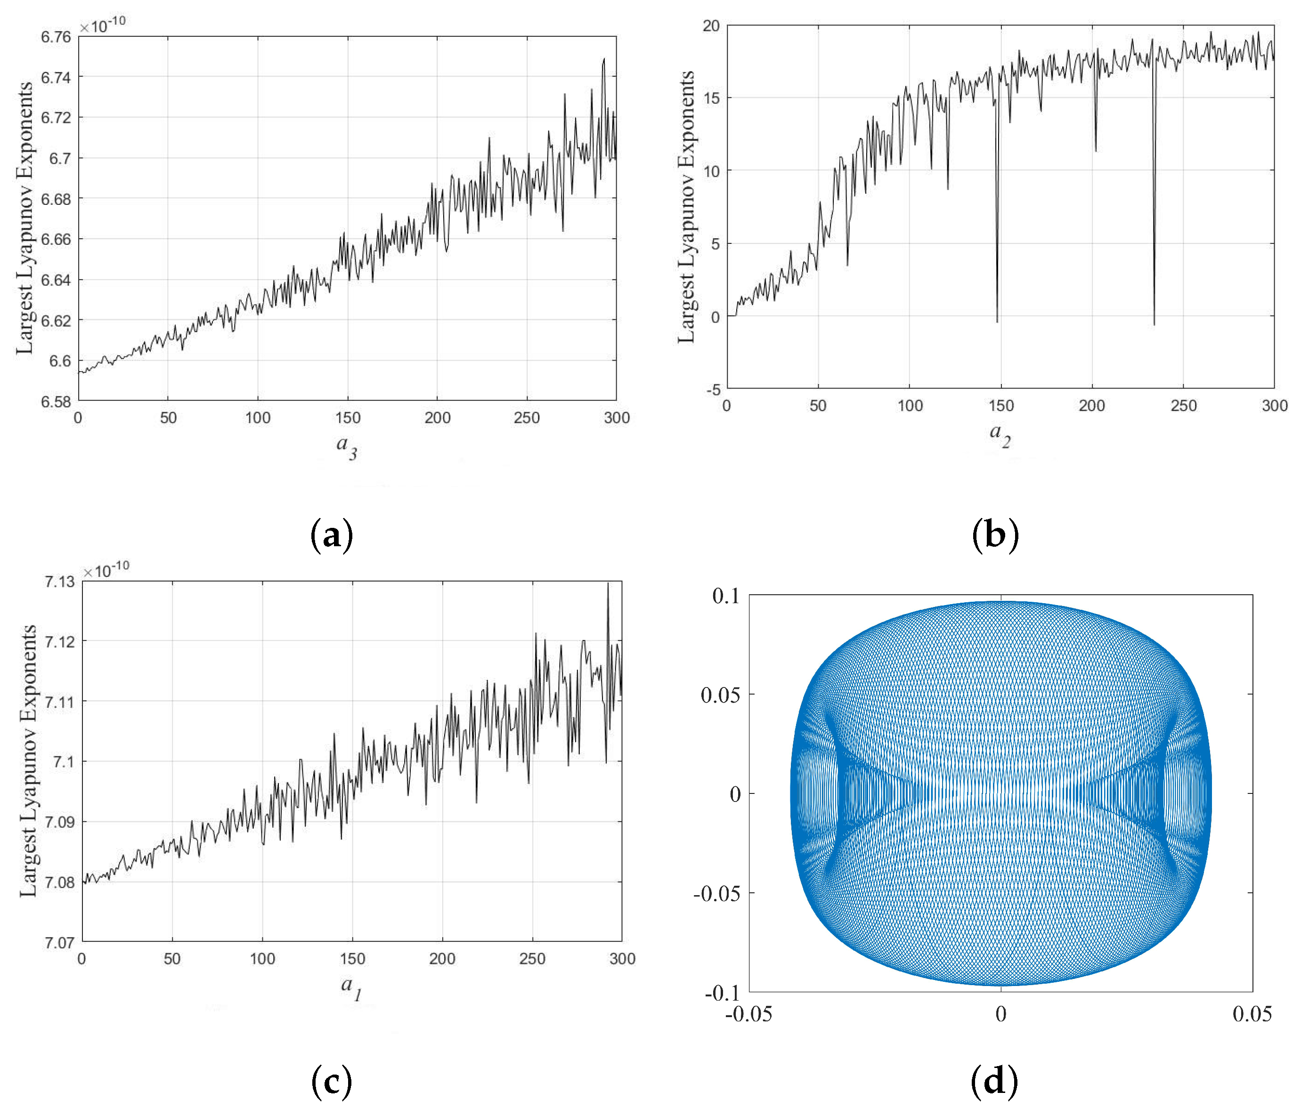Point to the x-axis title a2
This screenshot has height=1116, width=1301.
(x=1000, y=434)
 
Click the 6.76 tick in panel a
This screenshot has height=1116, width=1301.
(x=56, y=37)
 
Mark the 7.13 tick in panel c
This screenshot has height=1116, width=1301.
(x=60, y=582)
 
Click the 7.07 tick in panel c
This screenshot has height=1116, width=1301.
(x=60, y=942)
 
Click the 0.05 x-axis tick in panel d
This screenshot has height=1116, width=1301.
(x=1252, y=1014)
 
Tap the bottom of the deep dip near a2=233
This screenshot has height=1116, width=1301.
(x=1154, y=324)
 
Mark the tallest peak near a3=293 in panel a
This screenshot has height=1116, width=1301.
(x=604, y=58)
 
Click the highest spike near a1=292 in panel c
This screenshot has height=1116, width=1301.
(x=608, y=583)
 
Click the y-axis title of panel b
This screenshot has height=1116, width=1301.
(x=686, y=207)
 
